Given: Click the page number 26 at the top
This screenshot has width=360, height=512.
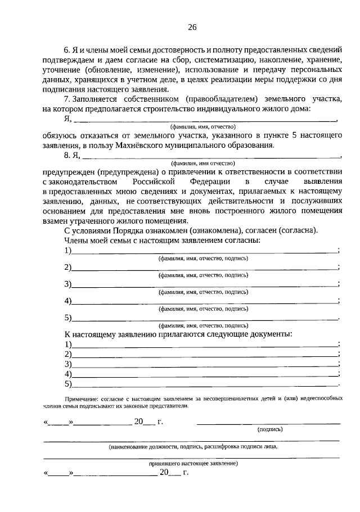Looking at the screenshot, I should [192, 27].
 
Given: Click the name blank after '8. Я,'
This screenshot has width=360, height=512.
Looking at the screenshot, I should [211, 157].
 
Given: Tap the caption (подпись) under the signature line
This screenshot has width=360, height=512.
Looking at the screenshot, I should [270, 429].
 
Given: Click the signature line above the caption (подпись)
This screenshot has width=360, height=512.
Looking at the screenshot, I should [268, 423].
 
